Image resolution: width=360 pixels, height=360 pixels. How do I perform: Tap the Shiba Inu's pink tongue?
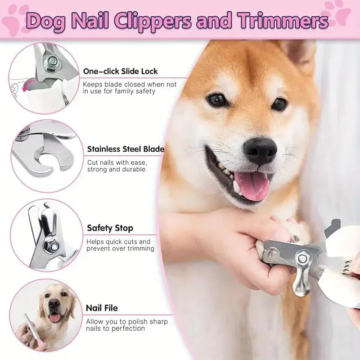pos(252,184)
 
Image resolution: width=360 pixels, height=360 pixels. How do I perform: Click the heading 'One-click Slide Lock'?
pos(120,71)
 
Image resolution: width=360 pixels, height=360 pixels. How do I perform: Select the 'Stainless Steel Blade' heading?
pos(126,149)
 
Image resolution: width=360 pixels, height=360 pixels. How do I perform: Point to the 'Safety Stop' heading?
pos(110,228)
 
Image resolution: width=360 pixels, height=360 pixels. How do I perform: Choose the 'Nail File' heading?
pos(102,308)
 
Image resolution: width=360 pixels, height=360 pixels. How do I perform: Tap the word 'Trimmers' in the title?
pos(283,21)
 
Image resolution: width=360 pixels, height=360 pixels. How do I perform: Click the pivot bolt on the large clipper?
pos(302,258)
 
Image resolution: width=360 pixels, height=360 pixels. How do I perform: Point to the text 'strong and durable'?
pos(116,170)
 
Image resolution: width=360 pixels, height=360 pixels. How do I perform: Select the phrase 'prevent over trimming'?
pos(120,249)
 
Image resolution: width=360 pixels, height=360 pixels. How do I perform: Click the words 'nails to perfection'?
pos(115,328)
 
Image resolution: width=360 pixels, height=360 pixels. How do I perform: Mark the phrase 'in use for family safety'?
pos(119,91)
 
